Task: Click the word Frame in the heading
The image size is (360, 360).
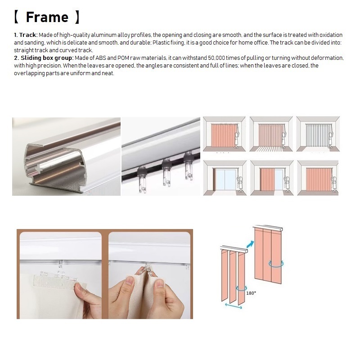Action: point(47,17)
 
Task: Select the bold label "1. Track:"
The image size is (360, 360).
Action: point(25,35)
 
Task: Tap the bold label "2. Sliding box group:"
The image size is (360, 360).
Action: point(43,58)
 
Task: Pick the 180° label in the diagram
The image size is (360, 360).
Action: point(251,292)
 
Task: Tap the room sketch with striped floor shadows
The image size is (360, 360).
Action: point(271,134)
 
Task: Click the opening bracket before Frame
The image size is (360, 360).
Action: point(16,17)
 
